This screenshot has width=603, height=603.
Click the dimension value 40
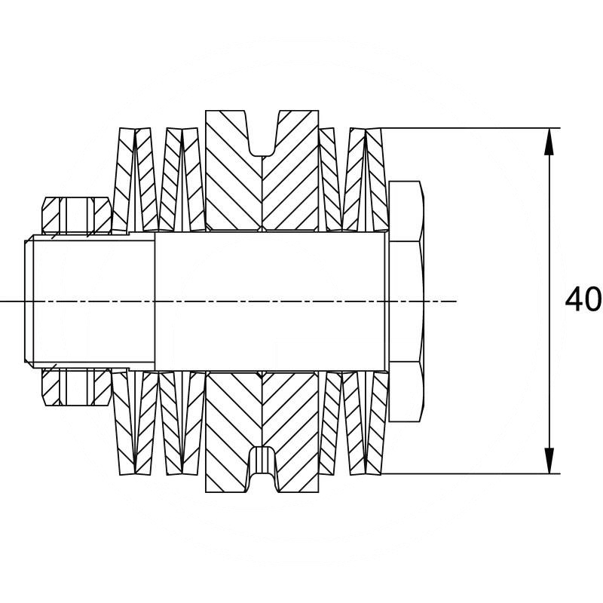(583, 300)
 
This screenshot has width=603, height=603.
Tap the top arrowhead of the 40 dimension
(550, 140)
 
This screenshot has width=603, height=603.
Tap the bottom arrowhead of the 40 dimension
(550, 461)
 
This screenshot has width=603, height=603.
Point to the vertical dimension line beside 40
(550, 226)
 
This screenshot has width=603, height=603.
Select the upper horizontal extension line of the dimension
(467, 128)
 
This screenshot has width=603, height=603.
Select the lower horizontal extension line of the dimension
(467, 474)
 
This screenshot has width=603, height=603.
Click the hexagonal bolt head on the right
(406, 301)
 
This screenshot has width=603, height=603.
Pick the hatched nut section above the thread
(75, 215)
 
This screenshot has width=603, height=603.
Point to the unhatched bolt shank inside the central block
(264, 301)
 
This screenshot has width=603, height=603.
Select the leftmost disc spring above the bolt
(123, 181)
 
